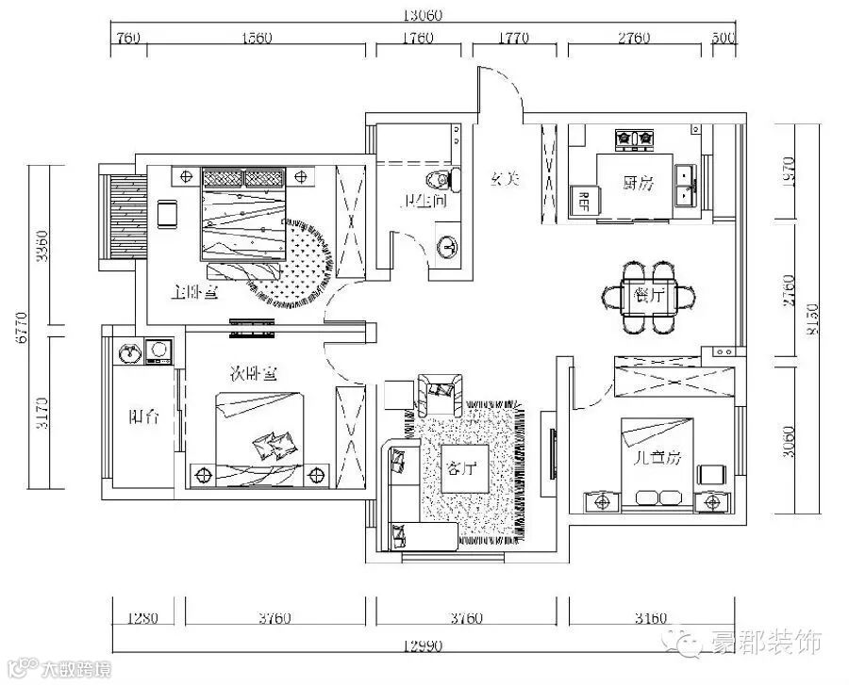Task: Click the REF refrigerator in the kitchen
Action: click(583, 200)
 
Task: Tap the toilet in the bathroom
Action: click(443, 179)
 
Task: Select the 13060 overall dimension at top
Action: click(423, 14)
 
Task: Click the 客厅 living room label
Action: click(462, 468)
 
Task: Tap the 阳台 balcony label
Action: click(143, 416)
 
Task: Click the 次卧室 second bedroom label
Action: click(254, 373)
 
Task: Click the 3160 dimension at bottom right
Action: click(651, 619)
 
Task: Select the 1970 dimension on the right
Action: click(791, 169)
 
